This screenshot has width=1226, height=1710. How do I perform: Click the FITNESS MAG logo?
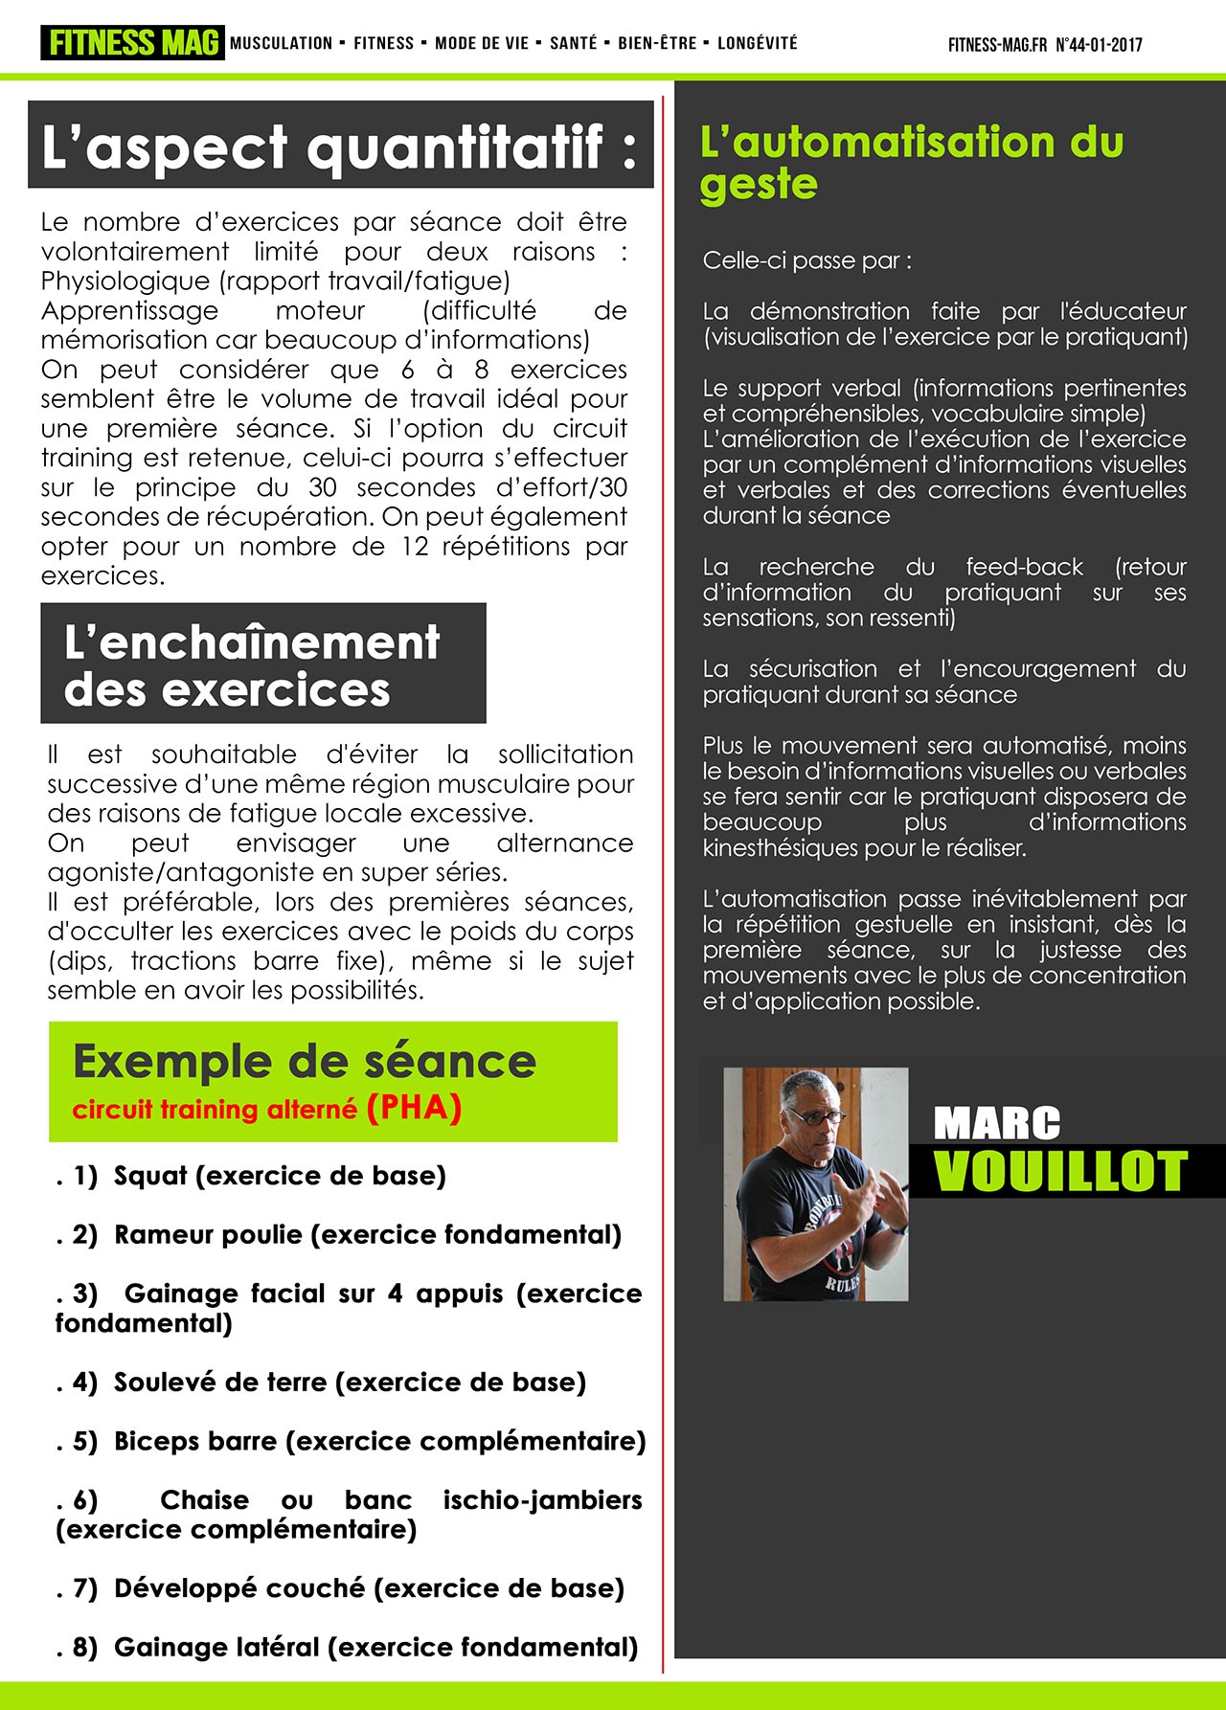(132, 43)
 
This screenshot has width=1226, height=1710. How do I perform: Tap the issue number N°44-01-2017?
(1099, 44)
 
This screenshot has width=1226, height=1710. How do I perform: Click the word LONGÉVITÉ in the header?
(757, 43)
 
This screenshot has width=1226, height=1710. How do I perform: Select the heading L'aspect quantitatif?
(339, 146)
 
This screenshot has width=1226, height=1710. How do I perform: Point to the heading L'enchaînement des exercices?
(252, 665)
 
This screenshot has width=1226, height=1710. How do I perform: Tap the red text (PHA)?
(414, 1108)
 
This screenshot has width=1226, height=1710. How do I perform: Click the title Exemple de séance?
(304, 1062)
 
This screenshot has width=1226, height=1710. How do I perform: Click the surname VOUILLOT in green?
(1060, 1172)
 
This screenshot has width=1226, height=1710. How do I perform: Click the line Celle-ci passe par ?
(806, 260)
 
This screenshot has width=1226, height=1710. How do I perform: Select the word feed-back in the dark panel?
(1024, 567)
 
